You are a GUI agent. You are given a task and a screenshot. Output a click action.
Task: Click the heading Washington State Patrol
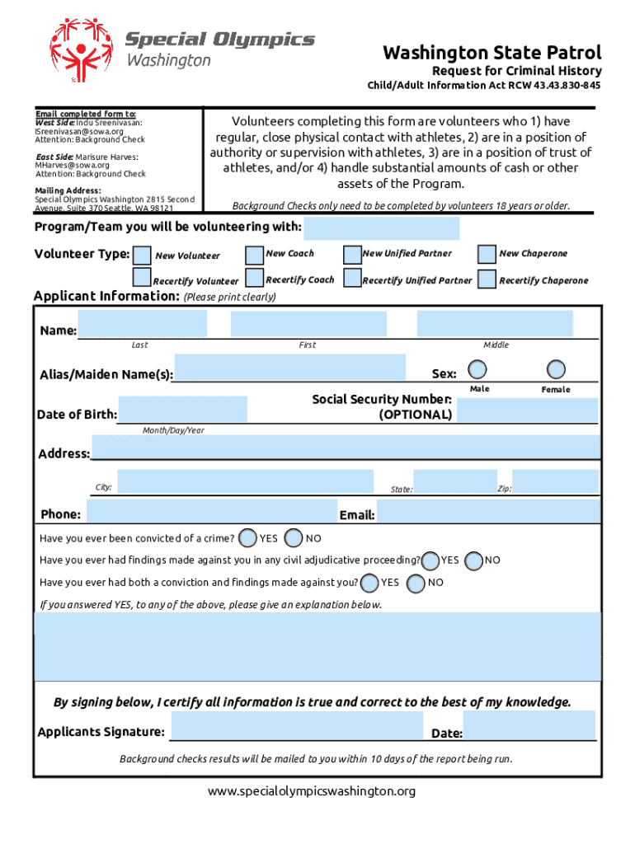492,53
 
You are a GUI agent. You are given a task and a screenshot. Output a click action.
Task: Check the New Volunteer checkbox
143,255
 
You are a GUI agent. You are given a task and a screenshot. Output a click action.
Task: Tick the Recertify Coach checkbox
255,279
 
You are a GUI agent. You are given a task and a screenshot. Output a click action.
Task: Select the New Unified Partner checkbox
352,254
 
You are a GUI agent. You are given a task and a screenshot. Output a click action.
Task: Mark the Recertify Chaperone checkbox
487,279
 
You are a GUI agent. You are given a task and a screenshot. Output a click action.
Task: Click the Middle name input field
495,325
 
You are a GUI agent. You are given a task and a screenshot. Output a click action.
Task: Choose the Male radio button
477,368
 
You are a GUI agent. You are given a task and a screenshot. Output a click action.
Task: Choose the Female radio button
557,368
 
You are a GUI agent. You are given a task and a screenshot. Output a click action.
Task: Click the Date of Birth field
182,410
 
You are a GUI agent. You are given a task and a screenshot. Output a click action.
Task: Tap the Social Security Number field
527,410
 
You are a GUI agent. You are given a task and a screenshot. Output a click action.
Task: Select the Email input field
487,512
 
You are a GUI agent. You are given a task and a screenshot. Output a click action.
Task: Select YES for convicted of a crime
247,538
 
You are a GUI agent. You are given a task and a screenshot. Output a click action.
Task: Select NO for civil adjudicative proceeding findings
474,560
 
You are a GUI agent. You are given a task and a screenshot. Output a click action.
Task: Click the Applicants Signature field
296,726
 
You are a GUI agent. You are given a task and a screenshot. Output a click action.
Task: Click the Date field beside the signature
529,726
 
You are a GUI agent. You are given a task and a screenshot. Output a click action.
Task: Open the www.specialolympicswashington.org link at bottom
312,791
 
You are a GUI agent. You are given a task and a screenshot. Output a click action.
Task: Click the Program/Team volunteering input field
382,228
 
